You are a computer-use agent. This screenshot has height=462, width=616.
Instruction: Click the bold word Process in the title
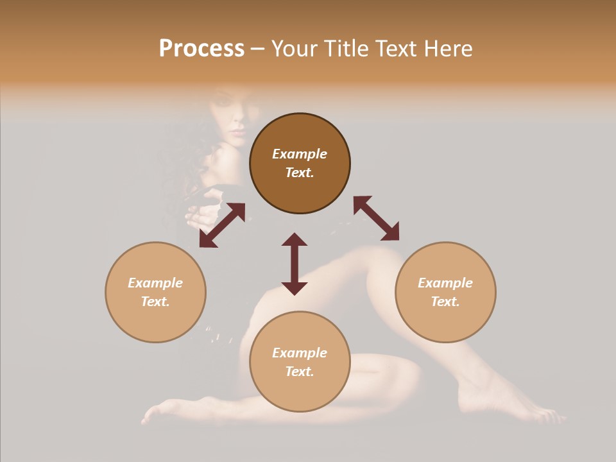pos(201,49)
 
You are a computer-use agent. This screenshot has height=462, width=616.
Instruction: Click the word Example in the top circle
pos(300,154)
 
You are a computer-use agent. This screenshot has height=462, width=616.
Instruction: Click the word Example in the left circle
pos(155,283)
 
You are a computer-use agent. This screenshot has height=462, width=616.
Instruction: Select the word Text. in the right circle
pos(445,302)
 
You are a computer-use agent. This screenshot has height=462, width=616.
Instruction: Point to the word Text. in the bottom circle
pos(300,372)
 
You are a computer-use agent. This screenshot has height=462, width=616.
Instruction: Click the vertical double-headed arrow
pos(295,264)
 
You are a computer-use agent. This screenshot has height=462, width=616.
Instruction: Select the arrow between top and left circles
pos(222,225)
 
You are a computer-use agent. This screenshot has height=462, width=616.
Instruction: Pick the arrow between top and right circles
pos(377,218)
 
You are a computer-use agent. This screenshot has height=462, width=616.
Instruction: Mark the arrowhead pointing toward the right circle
pos(391,232)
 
